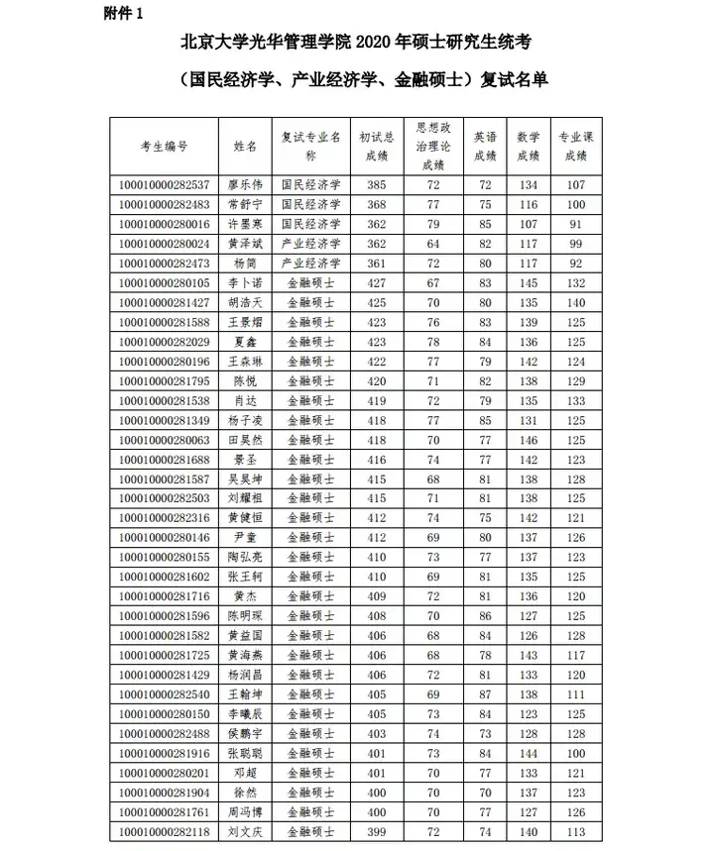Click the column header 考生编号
[x=165, y=146]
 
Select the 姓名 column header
[x=245, y=146]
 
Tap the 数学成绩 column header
[x=529, y=146]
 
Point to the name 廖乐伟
[x=245, y=185]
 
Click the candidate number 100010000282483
[x=165, y=204]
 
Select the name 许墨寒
[x=245, y=224]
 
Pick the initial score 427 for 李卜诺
[x=377, y=282]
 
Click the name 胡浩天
[x=245, y=302]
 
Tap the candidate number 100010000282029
[x=165, y=341]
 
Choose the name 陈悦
[x=245, y=380]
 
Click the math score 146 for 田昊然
[x=529, y=439]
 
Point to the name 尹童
[x=245, y=537]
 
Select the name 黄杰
[x=245, y=596]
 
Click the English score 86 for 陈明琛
[x=484, y=615]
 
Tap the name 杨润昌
[x=245, y=675]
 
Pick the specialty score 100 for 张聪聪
[x=576, y=753]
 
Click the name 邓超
[x=245, y=773]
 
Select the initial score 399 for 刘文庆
[x=377, y=831]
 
